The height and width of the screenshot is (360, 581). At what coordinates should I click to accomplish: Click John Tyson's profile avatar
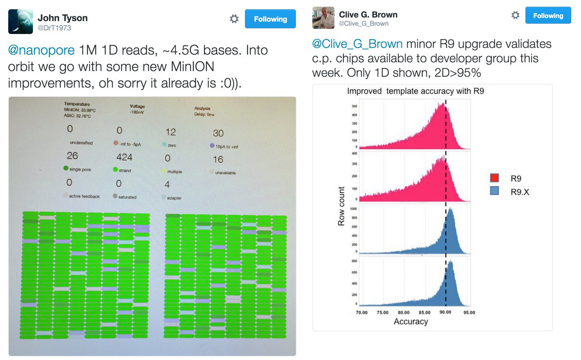21,22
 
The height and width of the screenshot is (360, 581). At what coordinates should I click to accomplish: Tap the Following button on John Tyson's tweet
270,19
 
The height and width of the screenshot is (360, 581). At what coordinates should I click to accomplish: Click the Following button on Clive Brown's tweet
548,16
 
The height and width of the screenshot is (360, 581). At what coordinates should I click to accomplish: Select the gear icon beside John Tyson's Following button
234,19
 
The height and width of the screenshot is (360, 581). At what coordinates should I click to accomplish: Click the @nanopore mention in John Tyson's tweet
41,50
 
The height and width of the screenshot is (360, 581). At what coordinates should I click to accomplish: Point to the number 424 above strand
125,157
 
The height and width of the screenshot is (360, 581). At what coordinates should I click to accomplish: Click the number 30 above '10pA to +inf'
218,133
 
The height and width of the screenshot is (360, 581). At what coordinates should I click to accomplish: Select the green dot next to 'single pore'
66,168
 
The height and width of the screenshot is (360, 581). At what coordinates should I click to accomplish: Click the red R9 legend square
495,179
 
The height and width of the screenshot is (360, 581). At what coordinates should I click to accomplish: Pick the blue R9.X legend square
495,192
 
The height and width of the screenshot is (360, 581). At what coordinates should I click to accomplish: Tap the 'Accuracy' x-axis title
411,321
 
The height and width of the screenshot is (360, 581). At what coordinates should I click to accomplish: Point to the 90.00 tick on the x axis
446,312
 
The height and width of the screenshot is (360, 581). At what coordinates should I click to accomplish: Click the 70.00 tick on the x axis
361,312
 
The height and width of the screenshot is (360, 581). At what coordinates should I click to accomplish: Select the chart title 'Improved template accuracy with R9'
415,91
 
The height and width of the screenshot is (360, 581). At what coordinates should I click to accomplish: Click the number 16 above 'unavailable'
218,159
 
